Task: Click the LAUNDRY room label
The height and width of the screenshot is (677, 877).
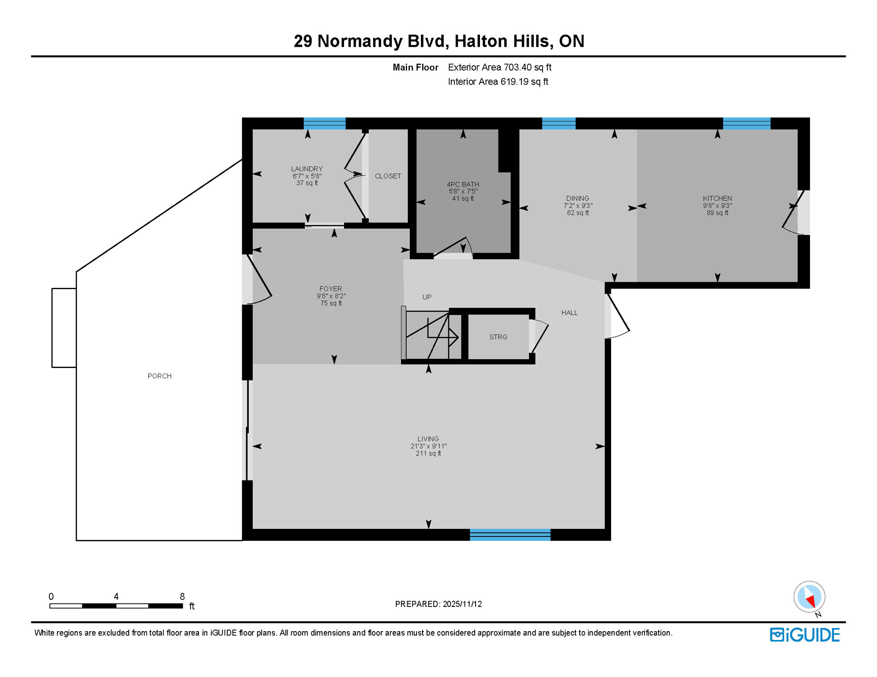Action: click(307, 169)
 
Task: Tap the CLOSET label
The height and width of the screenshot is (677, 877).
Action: click(388, 176)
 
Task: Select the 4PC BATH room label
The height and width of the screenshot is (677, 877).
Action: click(463, 184)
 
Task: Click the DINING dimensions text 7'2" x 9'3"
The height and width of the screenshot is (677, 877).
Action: click(577, 205)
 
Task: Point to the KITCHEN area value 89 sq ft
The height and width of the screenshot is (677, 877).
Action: click(717, 213)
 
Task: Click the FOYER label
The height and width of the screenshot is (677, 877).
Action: click(330, 289)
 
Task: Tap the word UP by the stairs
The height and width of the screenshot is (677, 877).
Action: click(427, 297)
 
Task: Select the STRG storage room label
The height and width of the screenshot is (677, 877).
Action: click(498, 337)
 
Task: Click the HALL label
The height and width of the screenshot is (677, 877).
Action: click(569, 312)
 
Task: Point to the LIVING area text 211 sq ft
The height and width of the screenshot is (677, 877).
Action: click(428, 453)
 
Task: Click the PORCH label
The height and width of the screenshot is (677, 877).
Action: click(159, 376)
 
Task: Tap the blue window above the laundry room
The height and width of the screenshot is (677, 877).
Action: click(324, 123)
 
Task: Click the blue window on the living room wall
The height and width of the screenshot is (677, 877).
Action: click(510, 535)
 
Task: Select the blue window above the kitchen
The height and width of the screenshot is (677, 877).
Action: click(746, 123)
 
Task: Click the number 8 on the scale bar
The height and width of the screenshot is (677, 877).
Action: click(182, 596)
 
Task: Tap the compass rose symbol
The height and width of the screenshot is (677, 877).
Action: click(809, 597)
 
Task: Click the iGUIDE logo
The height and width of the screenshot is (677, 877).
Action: click(805, 635)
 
